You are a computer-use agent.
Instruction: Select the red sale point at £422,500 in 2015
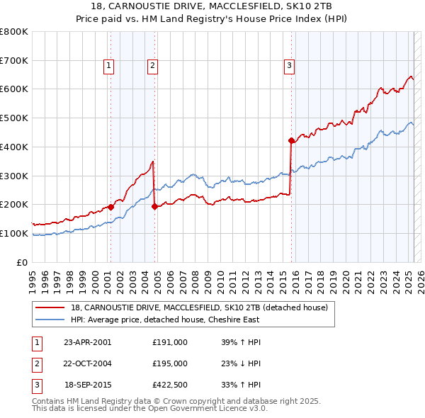click(291, 140)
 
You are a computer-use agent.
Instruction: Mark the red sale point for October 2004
click(154, 206)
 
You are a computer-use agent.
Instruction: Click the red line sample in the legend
click(50, 308)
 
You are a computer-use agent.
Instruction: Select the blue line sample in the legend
click(50, 320)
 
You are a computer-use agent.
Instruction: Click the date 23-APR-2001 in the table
click(87, 341)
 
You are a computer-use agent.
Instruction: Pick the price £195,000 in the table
click(170, 363)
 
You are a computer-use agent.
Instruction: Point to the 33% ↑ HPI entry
click(241, 385)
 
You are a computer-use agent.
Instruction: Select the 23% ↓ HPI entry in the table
click(241, 363)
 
